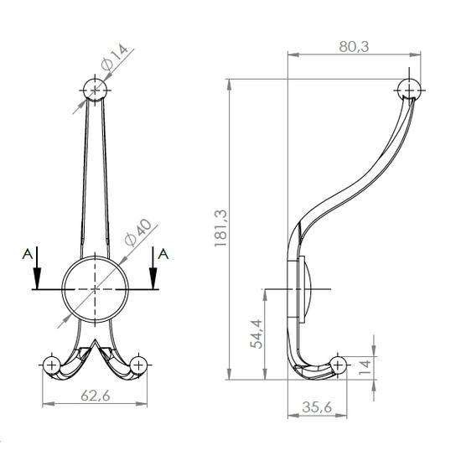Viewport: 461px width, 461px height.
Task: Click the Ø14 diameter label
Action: tap(114, 57)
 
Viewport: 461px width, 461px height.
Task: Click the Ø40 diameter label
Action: tap(138, 232)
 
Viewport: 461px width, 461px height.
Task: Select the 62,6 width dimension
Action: tap(96, 396)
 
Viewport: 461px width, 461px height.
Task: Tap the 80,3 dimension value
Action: tap(354, 46)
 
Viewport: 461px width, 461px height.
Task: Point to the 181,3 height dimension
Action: tap(220, 229)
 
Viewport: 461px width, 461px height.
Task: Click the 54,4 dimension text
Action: tap(256, 334)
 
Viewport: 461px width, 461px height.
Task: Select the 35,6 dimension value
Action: tap(317, 407)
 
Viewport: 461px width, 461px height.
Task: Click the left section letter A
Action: tap(28, 254)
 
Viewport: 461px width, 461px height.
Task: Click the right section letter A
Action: tap(163, 254)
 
